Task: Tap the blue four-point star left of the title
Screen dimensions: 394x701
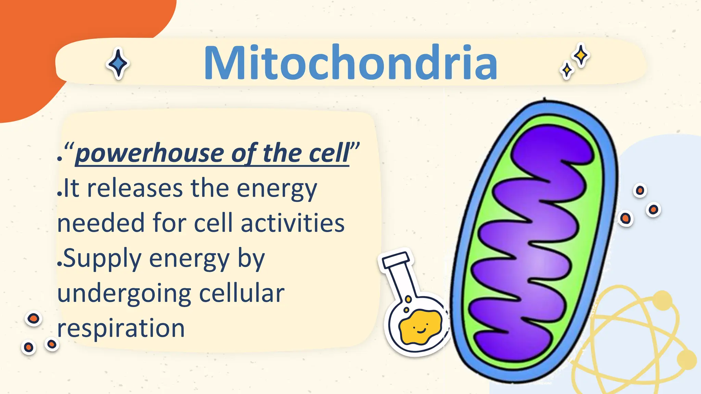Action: pos(118,63)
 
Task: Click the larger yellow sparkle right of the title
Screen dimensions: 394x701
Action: pos(581,55)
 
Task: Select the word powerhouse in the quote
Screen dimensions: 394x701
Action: pos(149,154)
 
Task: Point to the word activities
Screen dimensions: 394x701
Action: pos(292,223)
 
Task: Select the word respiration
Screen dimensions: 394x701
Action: pos(121,328)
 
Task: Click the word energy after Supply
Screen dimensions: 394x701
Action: pos(189,259)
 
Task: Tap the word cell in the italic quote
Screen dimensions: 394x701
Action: pos(329,154)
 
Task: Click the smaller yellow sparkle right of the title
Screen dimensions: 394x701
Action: pos(567,70)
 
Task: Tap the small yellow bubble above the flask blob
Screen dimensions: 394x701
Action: pos(408,300)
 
